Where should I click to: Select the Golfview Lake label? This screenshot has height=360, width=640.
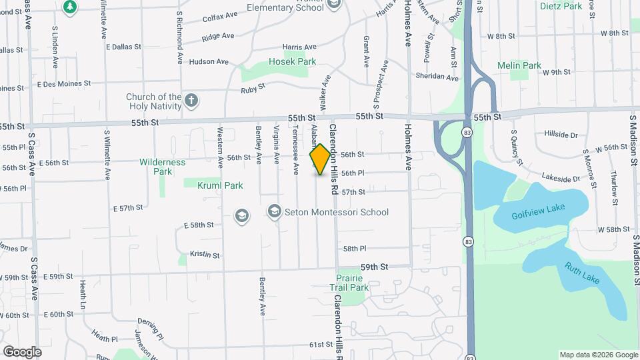(x=538, y=212)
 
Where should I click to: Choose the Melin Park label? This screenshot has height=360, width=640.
(x=519, y=65)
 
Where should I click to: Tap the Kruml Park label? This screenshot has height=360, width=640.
(x=220, y=185)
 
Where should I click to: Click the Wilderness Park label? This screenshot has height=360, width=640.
(x=163, y=167)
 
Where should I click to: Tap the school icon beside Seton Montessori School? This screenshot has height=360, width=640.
(x=274, y=212)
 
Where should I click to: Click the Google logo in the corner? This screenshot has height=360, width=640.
(x=22, y=351)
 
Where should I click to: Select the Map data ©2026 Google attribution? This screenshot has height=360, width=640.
(x=599, y=355)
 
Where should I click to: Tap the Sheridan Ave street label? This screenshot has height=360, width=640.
(x=438, y=77)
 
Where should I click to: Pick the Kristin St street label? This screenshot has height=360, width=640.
(x=205, y=254)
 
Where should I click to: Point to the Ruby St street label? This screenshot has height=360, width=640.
(x=253, y=87)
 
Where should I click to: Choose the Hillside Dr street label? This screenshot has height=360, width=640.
(x=561, y=134)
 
